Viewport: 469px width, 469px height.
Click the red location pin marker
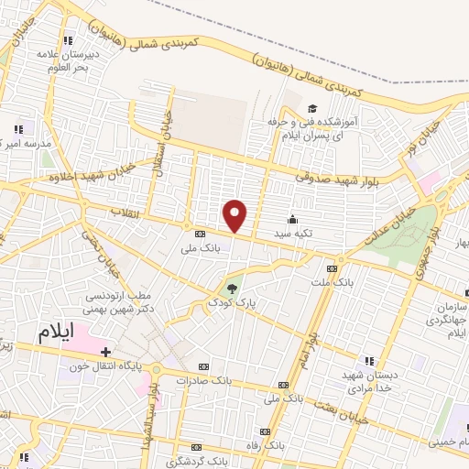pos(235,216)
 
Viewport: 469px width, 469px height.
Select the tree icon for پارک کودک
pos(230,287)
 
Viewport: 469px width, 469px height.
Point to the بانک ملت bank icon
pos(332,268)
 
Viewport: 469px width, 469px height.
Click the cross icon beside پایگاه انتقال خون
pos(106,352)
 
